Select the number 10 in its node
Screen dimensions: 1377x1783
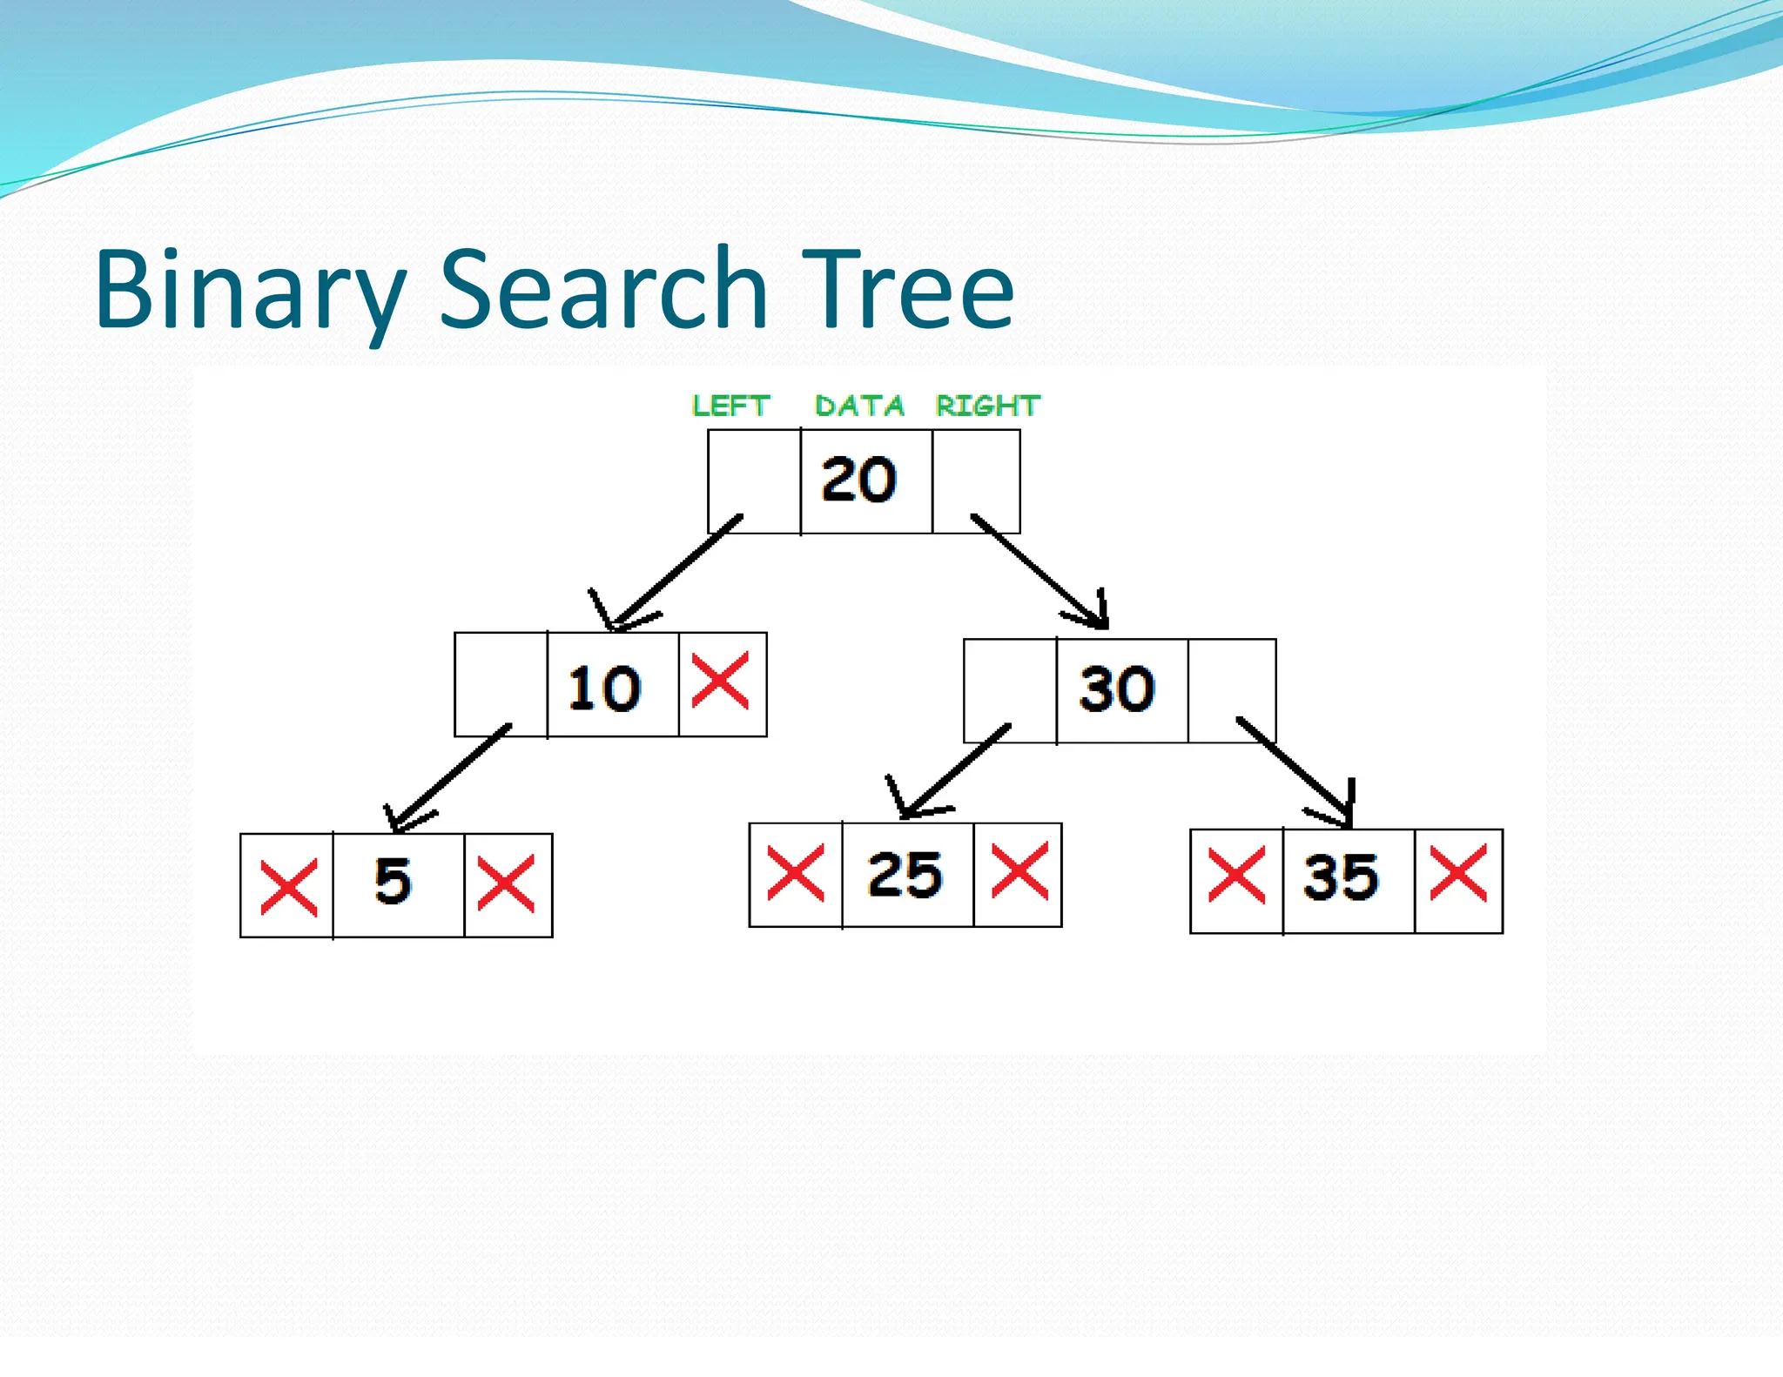[604, 688]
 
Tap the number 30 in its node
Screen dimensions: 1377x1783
[1117, 688]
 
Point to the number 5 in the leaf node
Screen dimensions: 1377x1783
[393, 881]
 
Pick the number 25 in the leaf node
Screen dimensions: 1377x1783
[905, 874]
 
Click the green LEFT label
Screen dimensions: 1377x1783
[730, 406]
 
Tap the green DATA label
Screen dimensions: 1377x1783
[859, 406]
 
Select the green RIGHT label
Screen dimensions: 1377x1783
[987, 406]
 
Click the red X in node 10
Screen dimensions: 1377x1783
[720, 682]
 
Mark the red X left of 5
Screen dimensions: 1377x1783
[289, 887]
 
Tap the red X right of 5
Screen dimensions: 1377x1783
[506, 883]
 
